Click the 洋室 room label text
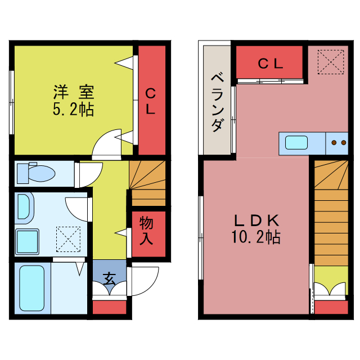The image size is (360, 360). [x=73, y=92]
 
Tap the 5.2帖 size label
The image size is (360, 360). [x=73, y=109]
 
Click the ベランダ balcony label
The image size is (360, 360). [x=217, y=102]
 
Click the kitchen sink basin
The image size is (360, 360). [x=296, y=142]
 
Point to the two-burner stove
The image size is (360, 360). [x=339, y=143]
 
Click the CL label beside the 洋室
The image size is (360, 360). [x=151, y=101]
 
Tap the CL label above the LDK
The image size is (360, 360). [x=270, y=64]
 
